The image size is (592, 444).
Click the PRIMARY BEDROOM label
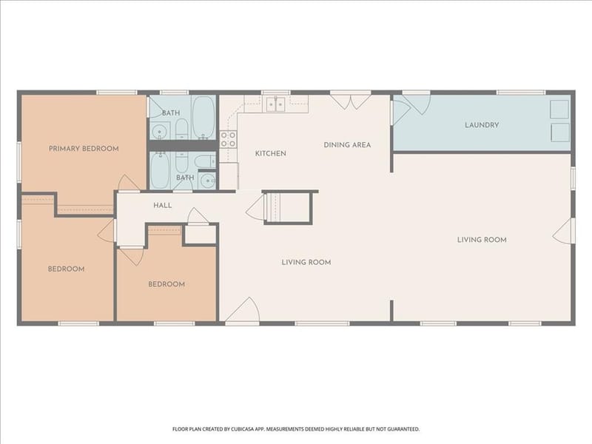click(84, 149)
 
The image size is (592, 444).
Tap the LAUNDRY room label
click(482, 125)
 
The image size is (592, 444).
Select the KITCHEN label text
click(271, 153)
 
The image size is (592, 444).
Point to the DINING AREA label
click(347, 144)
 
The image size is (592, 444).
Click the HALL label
click(162, 206)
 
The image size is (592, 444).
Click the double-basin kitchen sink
click(276, 104)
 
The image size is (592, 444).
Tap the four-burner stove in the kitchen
click(229, 139)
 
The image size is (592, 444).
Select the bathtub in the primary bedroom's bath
click(203, 118)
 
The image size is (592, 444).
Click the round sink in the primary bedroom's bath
click(160, 132)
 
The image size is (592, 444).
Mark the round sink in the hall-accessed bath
click(206, 182)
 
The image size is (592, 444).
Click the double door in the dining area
click(351, 102)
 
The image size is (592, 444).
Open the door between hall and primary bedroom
click(129, 183)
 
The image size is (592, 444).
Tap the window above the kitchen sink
click(276, 92)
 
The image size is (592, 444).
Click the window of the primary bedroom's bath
click(174, 92)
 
